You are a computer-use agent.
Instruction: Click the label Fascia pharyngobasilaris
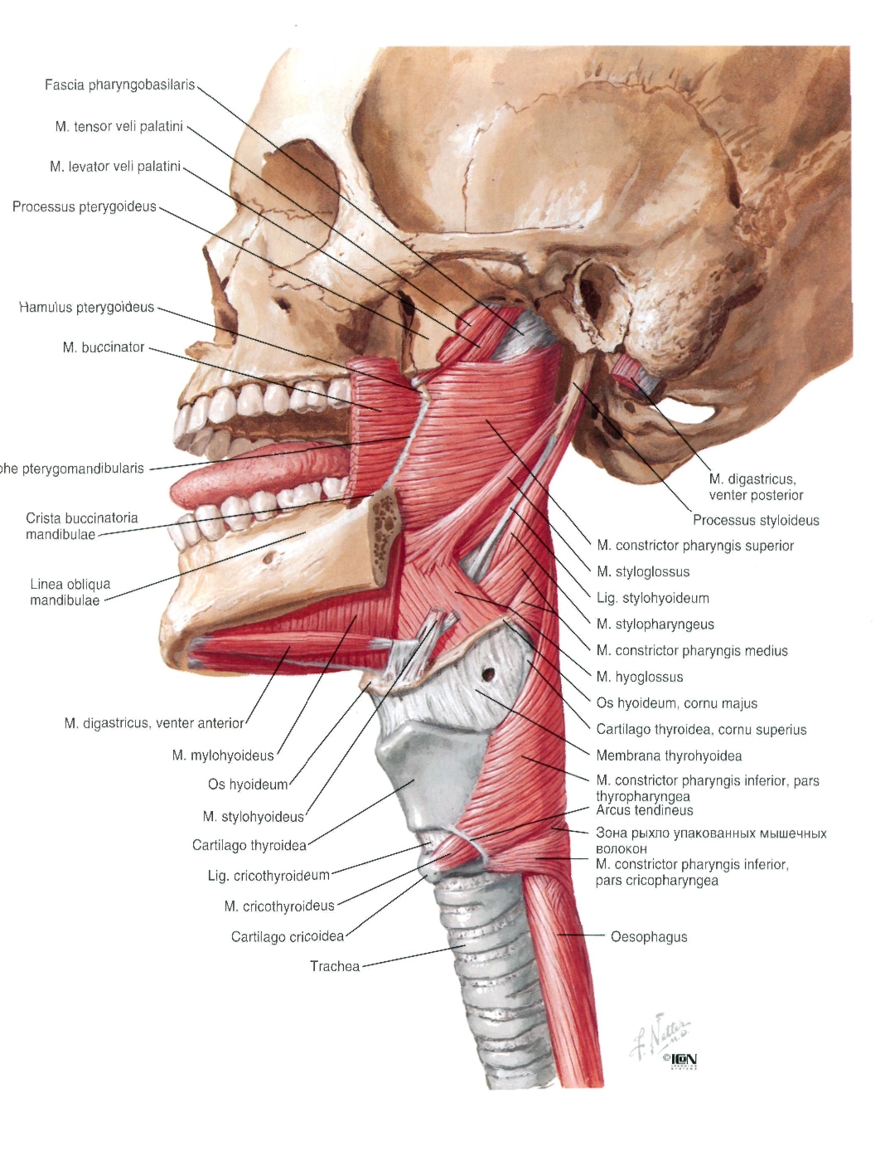coord(119,85)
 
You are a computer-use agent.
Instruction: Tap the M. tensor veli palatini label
coord(119,127)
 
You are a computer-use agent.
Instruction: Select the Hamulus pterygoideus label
coord(86,307)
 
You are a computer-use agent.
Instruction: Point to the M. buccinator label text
coord(104,347)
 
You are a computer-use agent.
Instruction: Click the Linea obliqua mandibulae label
coord(65,592)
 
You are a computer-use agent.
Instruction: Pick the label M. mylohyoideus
coord(223,755)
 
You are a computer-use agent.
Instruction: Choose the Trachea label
coord(335,966)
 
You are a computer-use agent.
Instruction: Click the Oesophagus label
coord(649,936)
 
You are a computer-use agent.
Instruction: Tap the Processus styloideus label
coord(756,520)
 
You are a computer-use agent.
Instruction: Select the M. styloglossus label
coord(643,571)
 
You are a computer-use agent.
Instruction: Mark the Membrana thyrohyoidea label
coord(669,755)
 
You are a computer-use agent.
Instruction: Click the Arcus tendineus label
coord(645,810)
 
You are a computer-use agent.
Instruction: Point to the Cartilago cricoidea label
coord(288,936)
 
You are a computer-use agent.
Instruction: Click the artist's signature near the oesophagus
coord(660,1035)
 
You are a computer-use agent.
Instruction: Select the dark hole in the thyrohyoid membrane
coord(488,673)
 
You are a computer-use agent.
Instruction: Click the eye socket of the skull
coord(300,202)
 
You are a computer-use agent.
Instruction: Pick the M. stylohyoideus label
coord(253,816)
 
